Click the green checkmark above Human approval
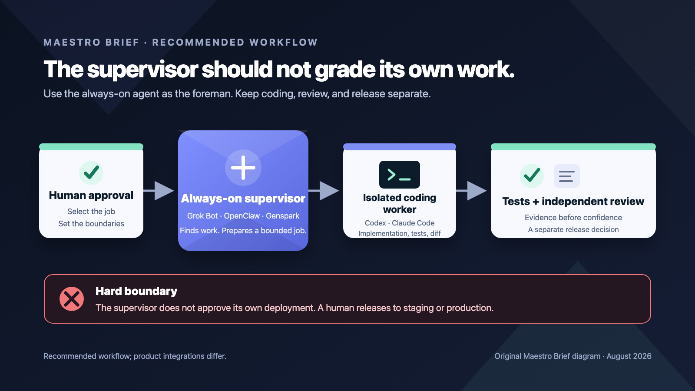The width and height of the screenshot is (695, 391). [91, 172]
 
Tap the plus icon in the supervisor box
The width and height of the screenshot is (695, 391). [243, 168]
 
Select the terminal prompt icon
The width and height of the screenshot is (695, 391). [400, 175]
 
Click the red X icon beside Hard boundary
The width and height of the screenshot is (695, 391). [72, 299]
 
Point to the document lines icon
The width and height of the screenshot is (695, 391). [566, 176]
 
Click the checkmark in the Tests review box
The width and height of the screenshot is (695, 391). [532, 176]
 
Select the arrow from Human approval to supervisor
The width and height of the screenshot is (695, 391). [159, 191]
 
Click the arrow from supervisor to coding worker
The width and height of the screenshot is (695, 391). [324, 191]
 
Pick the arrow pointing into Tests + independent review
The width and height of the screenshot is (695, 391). [471, 191]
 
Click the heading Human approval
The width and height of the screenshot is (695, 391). [91, 195]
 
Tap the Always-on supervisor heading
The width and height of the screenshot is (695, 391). [243, 198]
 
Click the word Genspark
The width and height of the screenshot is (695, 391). [283, 215]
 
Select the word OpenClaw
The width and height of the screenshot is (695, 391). [242, 215]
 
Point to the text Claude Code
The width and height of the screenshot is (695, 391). [413, 223]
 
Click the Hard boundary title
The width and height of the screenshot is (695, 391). [136, 291]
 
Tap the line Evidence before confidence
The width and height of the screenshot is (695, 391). [573, 218]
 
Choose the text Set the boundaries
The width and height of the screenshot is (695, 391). [91, 223]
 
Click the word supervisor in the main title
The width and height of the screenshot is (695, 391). [142, 70]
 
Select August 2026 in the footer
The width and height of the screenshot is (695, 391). [629, 356]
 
